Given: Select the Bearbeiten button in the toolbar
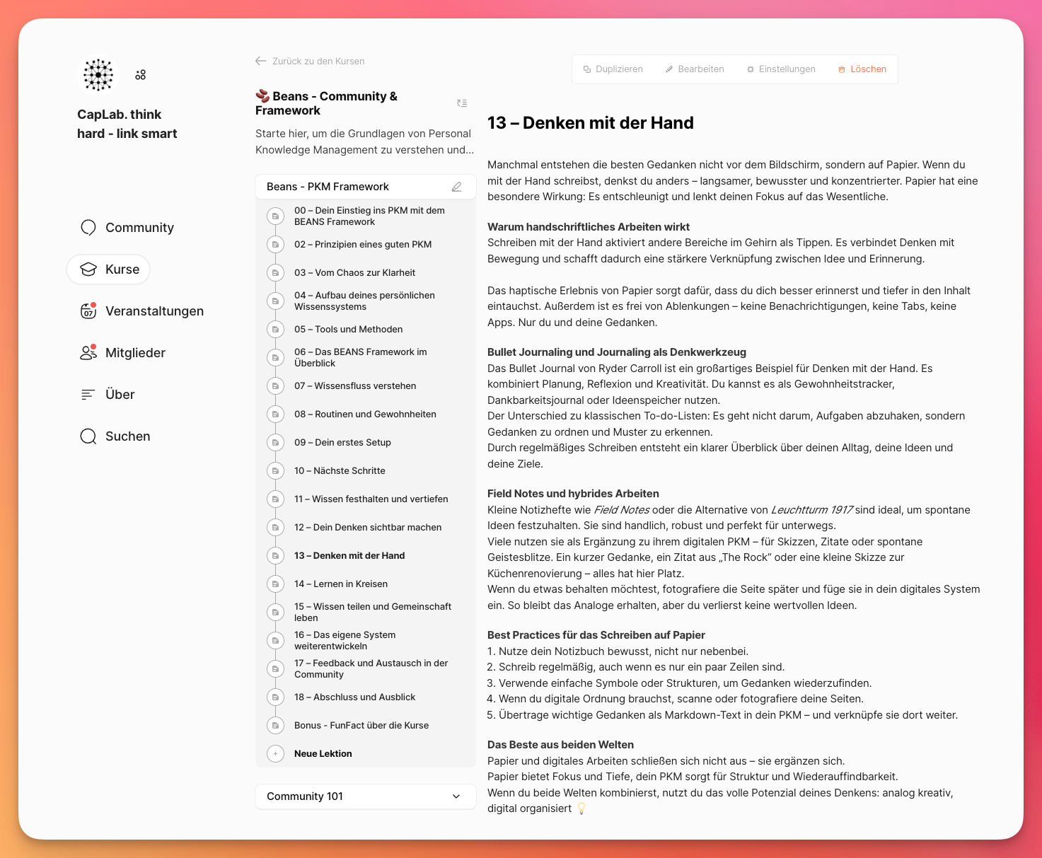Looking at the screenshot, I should tap(695, 69).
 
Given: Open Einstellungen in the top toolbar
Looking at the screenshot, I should tap(781, 69).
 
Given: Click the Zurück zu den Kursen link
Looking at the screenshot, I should tap(311, 62).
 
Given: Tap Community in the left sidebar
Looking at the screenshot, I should tap(139, 228).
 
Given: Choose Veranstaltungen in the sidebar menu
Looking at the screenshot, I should tap(154, 311).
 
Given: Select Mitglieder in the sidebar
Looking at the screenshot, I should tap(135, 353).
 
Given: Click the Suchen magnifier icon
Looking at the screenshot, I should tap(88, 436).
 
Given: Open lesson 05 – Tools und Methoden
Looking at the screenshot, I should tap(348, 330).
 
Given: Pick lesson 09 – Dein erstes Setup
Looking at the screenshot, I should tap(342, 443).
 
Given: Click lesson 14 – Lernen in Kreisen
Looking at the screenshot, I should tap(340, 584).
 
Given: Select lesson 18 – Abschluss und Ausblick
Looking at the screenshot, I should tap(354, 697).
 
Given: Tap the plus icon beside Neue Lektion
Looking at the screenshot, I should tap(276, 754).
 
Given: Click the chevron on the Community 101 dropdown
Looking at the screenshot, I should tap(456, 796).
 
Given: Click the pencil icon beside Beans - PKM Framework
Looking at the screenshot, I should tap(456, 187).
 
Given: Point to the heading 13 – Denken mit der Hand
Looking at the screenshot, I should tap(590, 123).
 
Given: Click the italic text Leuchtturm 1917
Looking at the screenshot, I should tap(811, 510).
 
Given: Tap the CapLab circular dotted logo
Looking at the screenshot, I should tap(98, 75).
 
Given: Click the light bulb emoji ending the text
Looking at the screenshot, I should tap(581, 808).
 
